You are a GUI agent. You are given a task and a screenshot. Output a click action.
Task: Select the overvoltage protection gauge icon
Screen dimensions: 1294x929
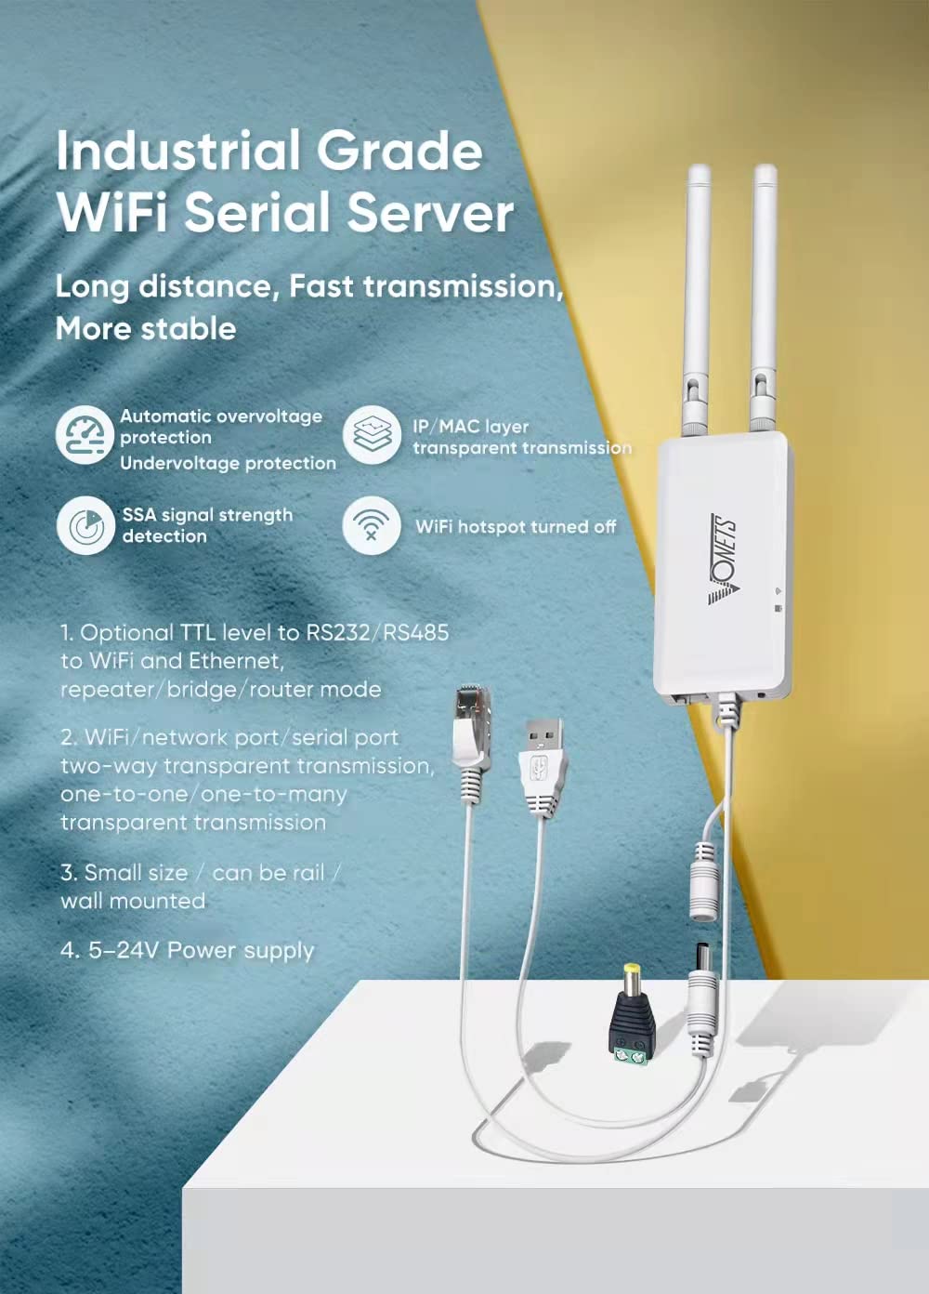point(85,435)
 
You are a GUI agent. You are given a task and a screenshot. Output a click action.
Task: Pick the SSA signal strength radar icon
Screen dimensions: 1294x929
point(85,526)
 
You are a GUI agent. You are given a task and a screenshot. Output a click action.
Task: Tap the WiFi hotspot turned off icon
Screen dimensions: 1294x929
point(372,526)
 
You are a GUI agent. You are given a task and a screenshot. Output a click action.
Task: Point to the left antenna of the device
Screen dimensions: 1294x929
point(697,297)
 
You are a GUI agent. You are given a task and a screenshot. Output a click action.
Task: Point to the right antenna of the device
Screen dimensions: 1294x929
point(764,297)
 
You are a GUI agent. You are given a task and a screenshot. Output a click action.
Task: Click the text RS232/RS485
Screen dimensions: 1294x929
point(377,633)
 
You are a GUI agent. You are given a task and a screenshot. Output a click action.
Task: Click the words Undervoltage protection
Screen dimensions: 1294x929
point(228,463)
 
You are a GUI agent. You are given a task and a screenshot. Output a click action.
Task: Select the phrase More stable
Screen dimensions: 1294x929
point(146,328)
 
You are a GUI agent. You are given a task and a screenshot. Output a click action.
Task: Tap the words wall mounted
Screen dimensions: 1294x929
point(133,901)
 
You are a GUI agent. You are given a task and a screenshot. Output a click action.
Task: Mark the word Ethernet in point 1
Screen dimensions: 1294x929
point(235,661)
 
